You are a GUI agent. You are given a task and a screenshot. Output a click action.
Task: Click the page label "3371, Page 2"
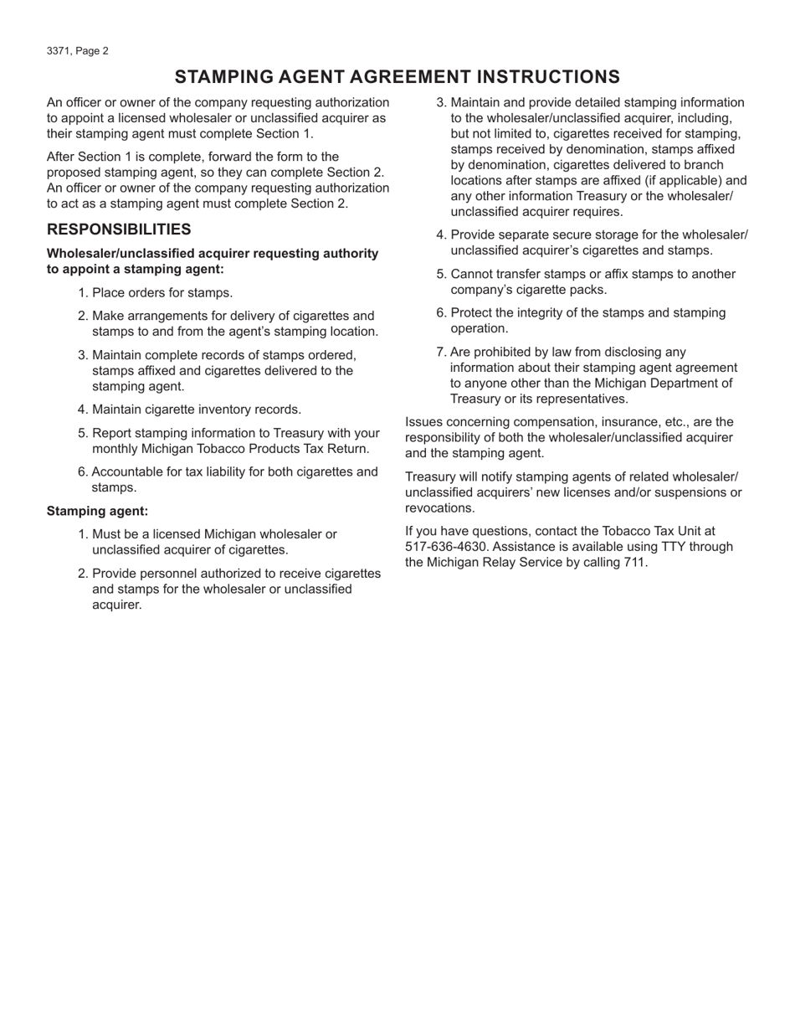pos(78,51)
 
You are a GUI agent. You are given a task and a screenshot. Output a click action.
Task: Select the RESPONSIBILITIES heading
pos(119,229)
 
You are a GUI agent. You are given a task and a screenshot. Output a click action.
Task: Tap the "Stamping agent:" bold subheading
pos(97,511)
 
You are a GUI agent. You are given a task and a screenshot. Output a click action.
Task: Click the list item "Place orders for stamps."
pos(162,292)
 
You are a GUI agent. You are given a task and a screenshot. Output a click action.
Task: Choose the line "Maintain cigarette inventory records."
pos(196,409)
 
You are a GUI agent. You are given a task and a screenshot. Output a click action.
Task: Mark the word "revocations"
pos(439,508)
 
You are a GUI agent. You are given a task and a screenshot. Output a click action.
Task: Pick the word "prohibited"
pos(505,353)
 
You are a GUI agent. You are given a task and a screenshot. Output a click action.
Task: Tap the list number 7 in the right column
pos(440,353)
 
